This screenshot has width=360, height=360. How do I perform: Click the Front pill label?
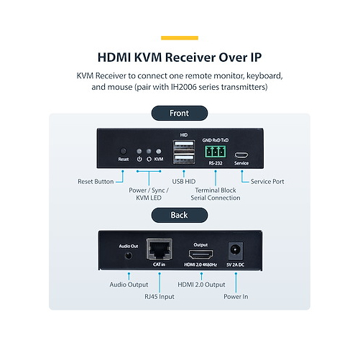tap(180, 113)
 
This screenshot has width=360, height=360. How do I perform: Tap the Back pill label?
tap(180, 215)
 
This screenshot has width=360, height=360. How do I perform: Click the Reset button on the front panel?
tap(123, 151)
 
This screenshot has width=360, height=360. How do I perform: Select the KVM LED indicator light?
tap(158, 152)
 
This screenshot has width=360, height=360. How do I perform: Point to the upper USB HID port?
tap(184, 144)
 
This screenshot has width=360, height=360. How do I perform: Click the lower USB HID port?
tap(184, 158)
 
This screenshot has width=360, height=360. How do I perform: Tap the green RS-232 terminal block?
tap(215, 152)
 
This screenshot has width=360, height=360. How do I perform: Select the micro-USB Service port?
tap(241, 155)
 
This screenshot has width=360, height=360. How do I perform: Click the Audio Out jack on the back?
tap(129, 256)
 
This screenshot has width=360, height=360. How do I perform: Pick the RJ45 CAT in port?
tap(160, 249)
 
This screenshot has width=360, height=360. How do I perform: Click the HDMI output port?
tap(200, 254)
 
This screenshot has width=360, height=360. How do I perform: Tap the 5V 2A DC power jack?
tap(235, 251)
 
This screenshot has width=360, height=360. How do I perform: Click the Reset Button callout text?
tap(96, 182)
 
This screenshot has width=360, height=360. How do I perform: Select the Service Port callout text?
tap(267, 182)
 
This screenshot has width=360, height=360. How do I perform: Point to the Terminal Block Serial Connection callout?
tap(216, 194)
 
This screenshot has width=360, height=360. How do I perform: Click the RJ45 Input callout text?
tap(160, 297)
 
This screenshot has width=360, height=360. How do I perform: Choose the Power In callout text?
tap(236, 297)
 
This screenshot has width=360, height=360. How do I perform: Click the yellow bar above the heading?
tap(180, 38)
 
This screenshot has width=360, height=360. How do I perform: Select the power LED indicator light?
tap(139, 152)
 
